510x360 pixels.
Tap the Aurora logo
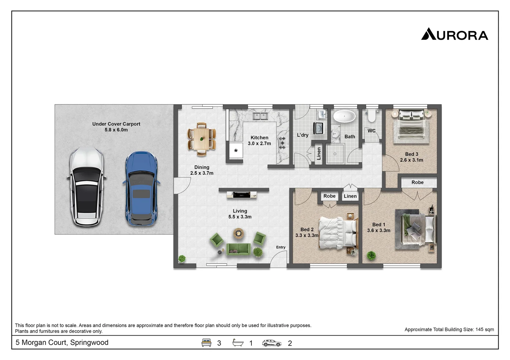pyautogui.click(x=454, y=34)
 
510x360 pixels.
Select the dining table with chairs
pyautogui.click(x=201, y=139)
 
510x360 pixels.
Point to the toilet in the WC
pyautogui.click(x=371, y=115)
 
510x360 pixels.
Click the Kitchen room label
pyautogui.click(x=259, y=138)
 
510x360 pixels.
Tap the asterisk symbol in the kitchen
pyautogui.click(x=236, y=151)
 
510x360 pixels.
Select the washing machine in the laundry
pyautogui.click(x=318, y=128)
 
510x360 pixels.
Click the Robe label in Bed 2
pyautogui.click(x=329, y=196)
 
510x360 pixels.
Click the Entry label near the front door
pyautogui.click(x=281, y=247)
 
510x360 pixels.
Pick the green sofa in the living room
pyautogui.click(x=238, y=249)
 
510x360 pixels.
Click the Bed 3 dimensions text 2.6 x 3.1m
pyautogui.click(x=412, y=160)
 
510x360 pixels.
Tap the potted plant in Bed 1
pyautogui.click(x=371, y=256)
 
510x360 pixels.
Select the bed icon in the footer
pyautogui.click(x=206, y=343)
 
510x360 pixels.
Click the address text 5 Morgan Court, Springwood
pyautogui.click(x=62, y=342)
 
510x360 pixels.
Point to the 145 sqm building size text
pyautogui.click(x=449, y=329)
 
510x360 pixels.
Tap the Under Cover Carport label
pyautogui.click(x=116, y=124)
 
